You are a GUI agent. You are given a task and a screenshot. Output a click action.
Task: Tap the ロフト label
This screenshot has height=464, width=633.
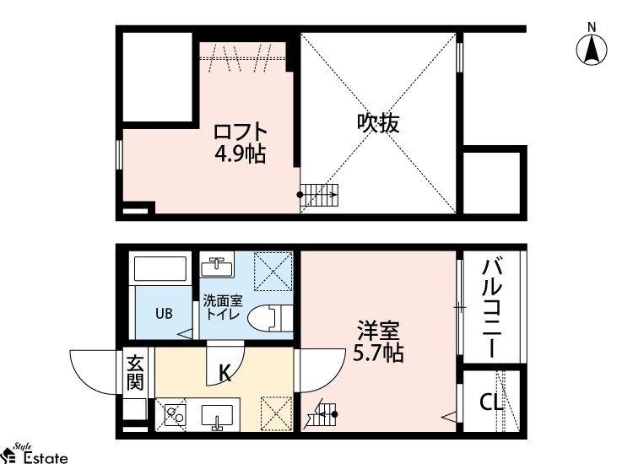click(x=241, y=132)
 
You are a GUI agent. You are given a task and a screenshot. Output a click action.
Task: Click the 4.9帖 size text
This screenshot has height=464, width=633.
click(x=241, y=154)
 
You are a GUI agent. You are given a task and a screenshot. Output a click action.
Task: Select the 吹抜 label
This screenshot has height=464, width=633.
click(x=378, y=123)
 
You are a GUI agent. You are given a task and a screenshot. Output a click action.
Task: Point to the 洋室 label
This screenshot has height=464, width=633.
click(x=378, y=331)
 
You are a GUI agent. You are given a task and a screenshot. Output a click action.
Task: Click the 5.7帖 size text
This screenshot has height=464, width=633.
click(x=378, y=353)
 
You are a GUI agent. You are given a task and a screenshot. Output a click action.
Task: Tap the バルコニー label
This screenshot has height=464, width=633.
click(x=492, y=309)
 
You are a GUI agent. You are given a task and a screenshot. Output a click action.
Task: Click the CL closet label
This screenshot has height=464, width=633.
click(x=491, y=402)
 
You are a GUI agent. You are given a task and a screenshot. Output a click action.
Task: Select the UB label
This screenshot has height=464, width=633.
click(x=164, y=314)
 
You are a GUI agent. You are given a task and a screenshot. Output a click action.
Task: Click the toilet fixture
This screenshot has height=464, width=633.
click(x=270, y=318)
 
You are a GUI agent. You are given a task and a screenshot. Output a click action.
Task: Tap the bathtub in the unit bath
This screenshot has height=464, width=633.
click(x=160, y=269)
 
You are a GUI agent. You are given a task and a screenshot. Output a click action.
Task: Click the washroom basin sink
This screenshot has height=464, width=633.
click(x=217, y=265)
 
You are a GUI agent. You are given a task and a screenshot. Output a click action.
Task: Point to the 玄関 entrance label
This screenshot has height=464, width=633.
click(x=135, y=373)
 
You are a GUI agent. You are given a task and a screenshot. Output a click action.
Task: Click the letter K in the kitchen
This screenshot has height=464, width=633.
click(x=225, y=373)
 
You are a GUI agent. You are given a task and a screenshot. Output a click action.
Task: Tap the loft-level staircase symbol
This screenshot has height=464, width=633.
click(x=319, y=195)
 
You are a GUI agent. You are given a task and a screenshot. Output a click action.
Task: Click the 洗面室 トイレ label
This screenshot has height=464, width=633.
click(x=223, y=307)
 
